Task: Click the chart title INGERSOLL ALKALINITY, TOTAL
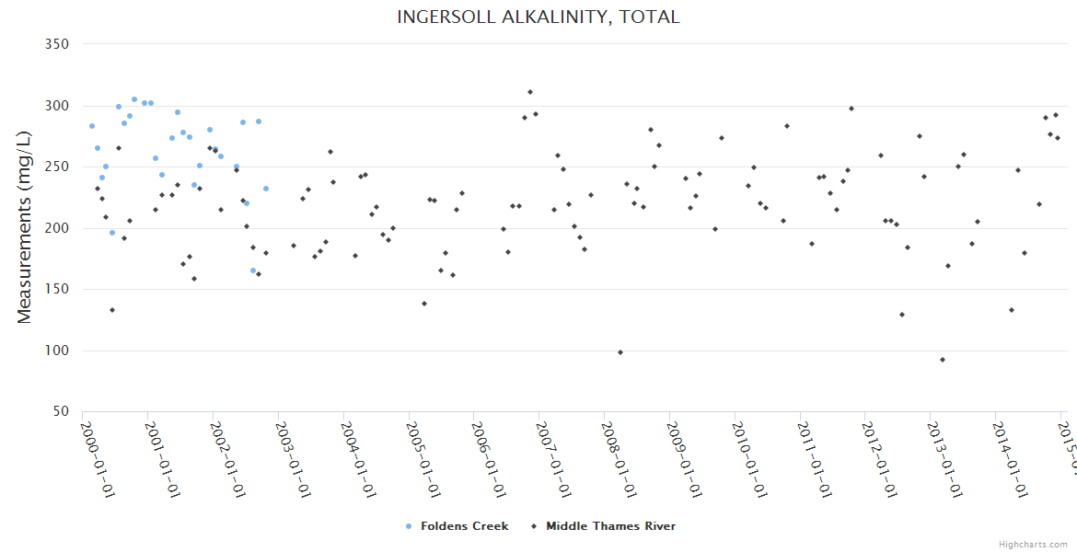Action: click(538, 17)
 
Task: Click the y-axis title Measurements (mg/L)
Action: click(25, 228)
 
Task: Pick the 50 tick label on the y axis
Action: click(62, 411)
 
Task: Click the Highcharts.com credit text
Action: click(1034, 545)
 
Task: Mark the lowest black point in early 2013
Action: click(943, 360)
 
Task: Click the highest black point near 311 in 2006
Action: click(530, 92)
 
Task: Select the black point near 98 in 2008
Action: click(620, 352)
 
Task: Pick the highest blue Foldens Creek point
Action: click(134, 99)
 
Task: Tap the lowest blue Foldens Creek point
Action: click(253, 270)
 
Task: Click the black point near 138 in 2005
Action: click(424, 304)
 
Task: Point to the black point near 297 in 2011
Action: click(851, 109)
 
